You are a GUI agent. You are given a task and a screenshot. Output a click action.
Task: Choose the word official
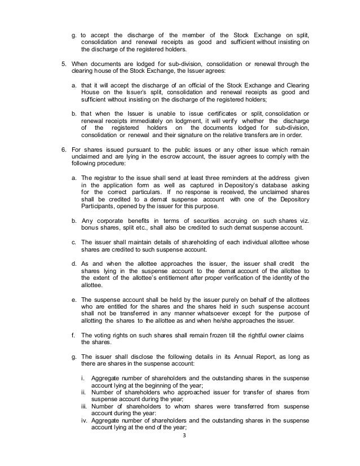click(193, 84)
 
